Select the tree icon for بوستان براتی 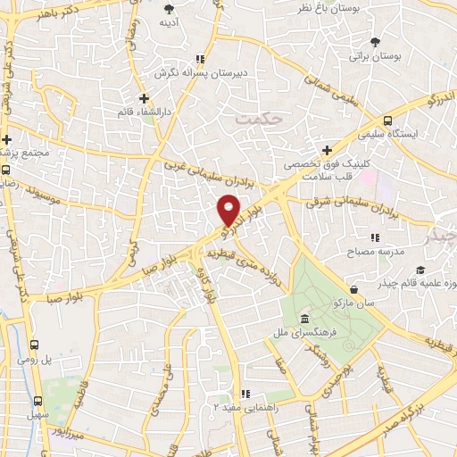point(375,41)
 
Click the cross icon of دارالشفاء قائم point(143,97)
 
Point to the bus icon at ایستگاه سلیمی point(387,120)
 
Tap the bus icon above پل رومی point(34,345)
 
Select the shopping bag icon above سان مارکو point(354,288)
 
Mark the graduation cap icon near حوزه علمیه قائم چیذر point(420,271)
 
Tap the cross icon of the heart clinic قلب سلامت point(327,150)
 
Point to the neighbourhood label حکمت point(256,117)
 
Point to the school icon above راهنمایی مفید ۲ point(245,392)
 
